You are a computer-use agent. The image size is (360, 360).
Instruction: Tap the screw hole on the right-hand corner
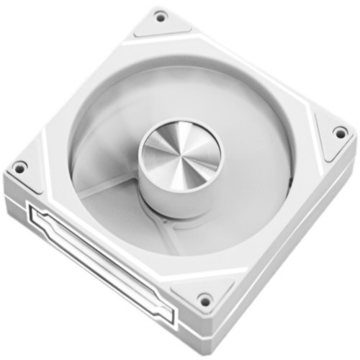(339, 132)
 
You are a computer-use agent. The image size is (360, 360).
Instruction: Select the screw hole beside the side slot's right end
(204, 300)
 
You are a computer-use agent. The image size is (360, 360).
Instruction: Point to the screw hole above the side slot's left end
(20, 168)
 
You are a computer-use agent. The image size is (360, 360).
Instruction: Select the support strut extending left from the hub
(108, 191)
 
